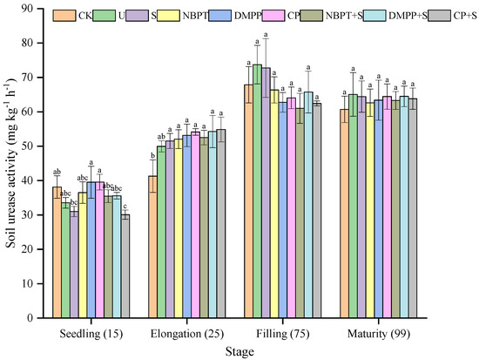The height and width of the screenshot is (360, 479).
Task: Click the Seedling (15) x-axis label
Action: pos(91,333)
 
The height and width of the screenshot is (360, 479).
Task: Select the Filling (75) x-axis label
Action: pos(282,333)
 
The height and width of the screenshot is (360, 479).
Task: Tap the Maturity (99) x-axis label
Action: pos(378,333)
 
